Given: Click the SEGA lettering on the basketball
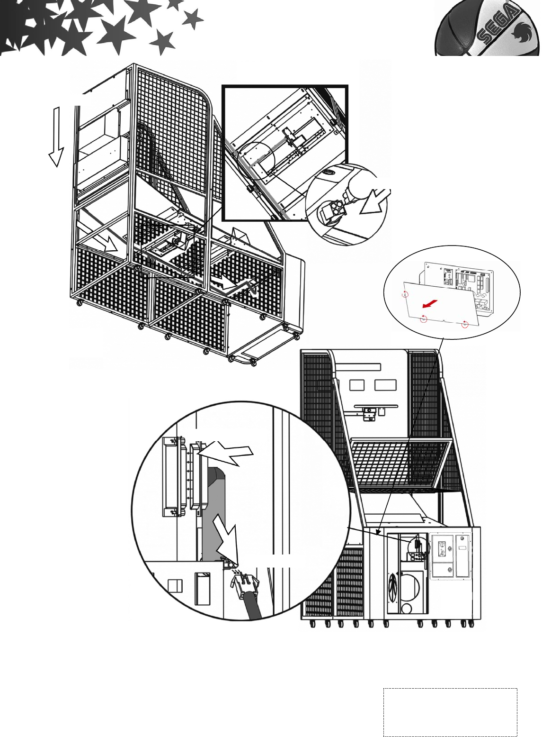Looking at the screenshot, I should pos(495,29).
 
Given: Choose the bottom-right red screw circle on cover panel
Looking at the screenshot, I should pos(465,324).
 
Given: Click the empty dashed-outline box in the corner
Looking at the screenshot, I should pos(450,712).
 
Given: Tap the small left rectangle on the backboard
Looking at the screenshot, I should pos(357,385).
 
